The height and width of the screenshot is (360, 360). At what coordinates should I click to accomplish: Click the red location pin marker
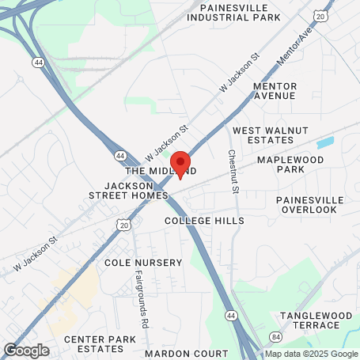pos(180,162)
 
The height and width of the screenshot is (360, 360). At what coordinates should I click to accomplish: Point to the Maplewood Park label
pos(291,164)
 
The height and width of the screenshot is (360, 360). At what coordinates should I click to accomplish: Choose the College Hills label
pos(203,221)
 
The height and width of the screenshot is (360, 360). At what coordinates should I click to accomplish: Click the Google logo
pos(26,350)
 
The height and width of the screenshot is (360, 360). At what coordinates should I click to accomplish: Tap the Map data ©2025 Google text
pos(310,354)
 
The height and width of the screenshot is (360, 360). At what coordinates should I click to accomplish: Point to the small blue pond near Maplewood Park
pos(324,143)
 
